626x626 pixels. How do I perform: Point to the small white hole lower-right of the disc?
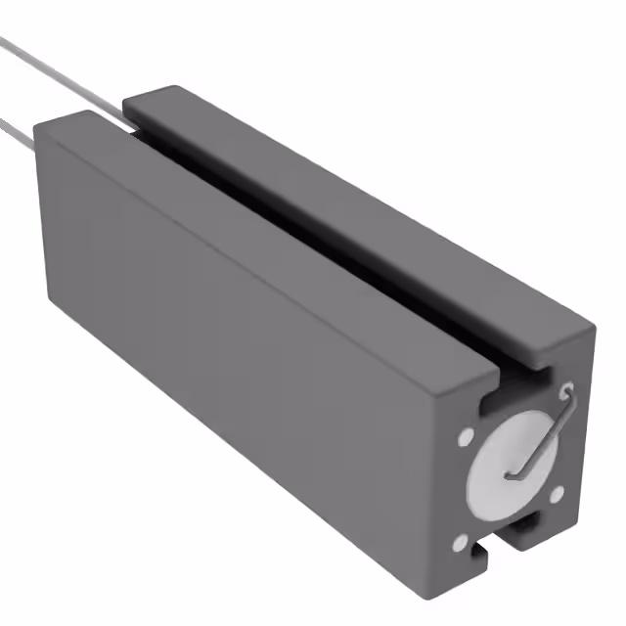pos(556,495)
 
